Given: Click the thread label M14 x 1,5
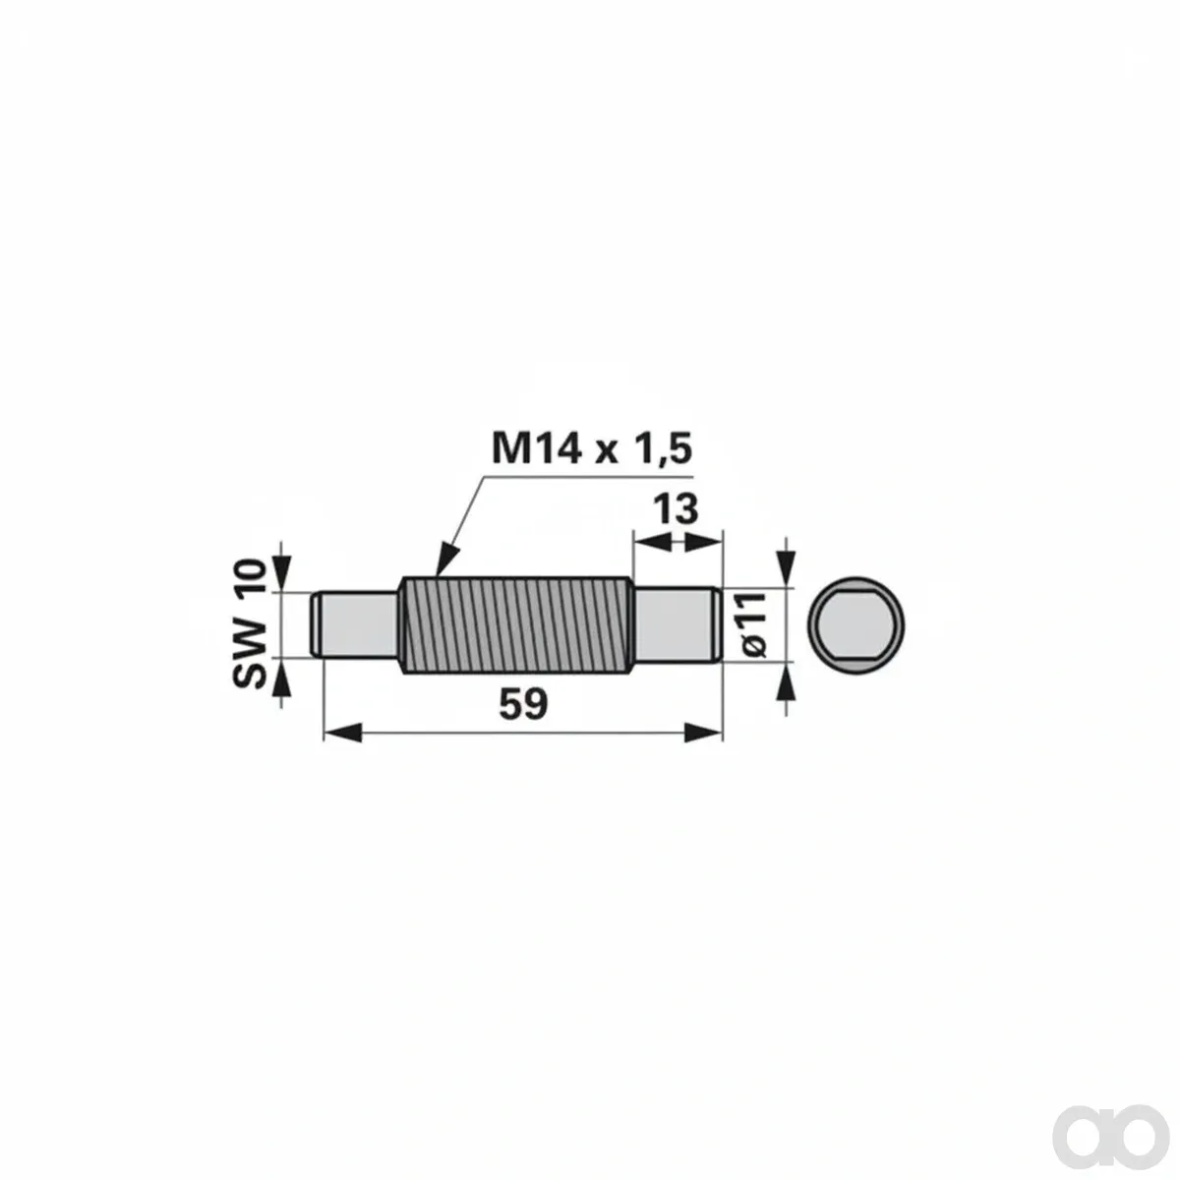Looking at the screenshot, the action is pos(592,448).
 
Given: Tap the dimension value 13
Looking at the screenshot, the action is pos(676,509).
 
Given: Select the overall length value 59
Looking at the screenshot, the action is pos(523,704).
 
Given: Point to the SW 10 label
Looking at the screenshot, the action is pos(250,624).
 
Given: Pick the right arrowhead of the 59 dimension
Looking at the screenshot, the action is pos(704,733).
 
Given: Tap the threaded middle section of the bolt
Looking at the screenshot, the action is pos(516,625).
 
